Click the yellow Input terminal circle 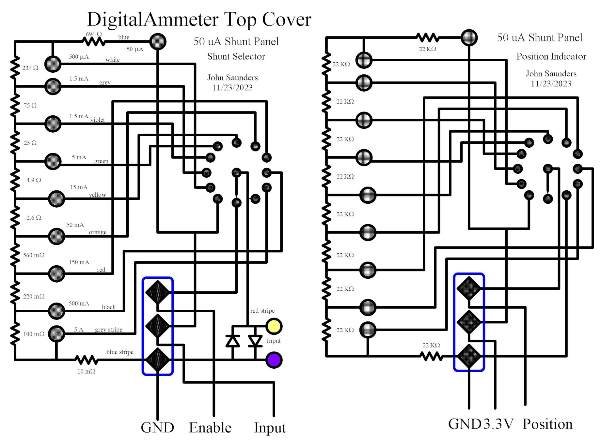pyautogui.click(x=274, y=326)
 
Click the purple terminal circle pyautogui.click(x=274, y=360)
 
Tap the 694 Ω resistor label pyautogui.click(x=94, y=34)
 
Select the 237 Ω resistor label pyautogui.click(x=30, y=68)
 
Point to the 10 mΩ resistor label pyautogui.click(x=87, y=371)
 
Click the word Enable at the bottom pyautogui.click(x=210, y=428)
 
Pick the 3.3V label pyautogui.click(x=498, y=424)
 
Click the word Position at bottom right pyautogui.click(x=547, y=424)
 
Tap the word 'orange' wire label pyautogui.click(x=98, y=232)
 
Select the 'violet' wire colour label pyautogui.click(x=98, y=120)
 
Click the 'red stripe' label pyautogui.click(x=262, y=311)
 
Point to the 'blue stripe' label pyautogui.click(x=120, y=352)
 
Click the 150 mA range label pyautogui.click(x=79, y=262)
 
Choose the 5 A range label pyautogui.click(x=79, y=330)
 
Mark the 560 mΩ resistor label pyautogui.click(x=34, y=255)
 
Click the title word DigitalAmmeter pyautogui.click(x=153, y=20)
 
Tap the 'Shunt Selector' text pyautogui.click(x=236, y=56)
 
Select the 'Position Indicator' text pyautogui.click(x=551, y=56)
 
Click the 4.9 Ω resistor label pyautogui.click(x=34, y=180)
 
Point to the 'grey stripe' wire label pyautogui.click(x=108, y=330)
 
